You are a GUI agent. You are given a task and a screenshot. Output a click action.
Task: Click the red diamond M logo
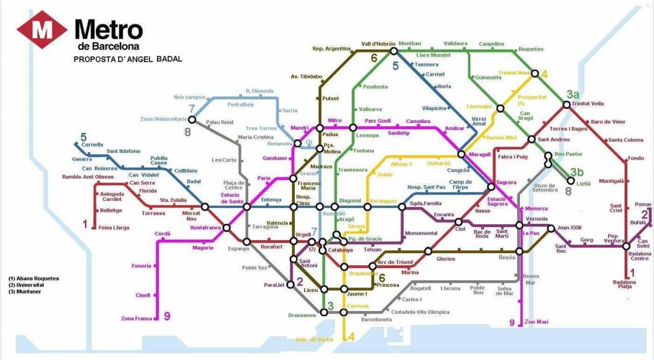pos(42,30)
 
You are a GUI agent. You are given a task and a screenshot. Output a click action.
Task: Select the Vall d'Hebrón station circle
pos(393,51)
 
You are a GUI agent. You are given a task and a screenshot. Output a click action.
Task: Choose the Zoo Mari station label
pos(536,322)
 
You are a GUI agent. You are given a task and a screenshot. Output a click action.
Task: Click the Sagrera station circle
pos(491,187)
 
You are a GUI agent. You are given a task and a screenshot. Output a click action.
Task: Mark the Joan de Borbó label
pos(314,339)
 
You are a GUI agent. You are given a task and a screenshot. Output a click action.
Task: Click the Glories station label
pos(445,259)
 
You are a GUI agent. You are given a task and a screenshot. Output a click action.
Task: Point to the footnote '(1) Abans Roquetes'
pos(33,278)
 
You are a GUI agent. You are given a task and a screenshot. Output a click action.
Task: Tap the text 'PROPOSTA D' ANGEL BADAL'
pos(128,59)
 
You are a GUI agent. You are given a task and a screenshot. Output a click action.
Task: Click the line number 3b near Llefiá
pos(577,171)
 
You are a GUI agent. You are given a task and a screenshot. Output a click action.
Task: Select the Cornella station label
pos(92,145)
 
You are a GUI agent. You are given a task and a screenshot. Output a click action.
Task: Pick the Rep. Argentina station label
pos(331,48)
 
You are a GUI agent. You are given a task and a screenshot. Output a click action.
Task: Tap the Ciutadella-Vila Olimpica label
pos(424,312)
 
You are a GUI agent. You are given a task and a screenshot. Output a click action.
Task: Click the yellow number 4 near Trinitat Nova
pos(544,75)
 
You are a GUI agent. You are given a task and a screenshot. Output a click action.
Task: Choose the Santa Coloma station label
pos(626,140)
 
